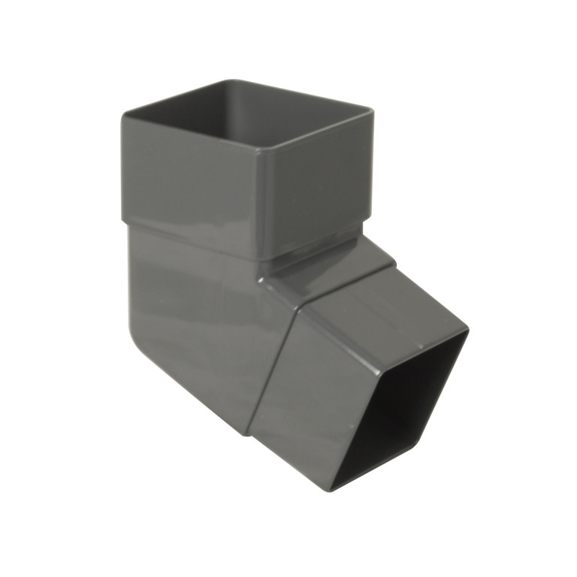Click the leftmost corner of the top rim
tap(124, 114)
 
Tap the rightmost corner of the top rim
tap(372, 111)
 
